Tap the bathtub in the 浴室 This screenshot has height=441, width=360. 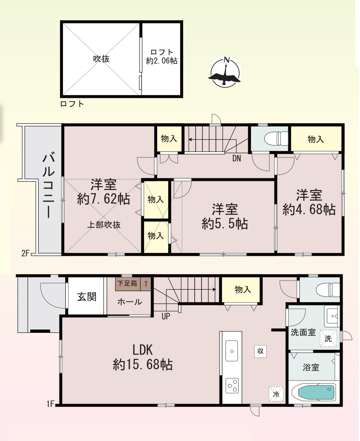pos(316,392)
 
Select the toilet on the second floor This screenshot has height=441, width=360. pos(276,139)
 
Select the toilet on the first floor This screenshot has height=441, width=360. pos(328,290)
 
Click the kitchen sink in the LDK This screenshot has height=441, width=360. pos(232,351)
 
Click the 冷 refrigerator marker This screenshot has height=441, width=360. pos(276,394)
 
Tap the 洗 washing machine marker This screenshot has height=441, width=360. pos(328,339)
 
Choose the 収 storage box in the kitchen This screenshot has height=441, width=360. pos(260,351)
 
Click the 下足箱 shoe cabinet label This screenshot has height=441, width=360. pos(127,284)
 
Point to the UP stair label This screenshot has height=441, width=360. pos(166,316)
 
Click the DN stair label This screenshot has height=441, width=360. pos(236,158)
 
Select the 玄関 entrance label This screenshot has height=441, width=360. pos(87,297)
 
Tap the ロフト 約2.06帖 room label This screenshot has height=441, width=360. pos(162,56)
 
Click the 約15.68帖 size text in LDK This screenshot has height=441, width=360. pos(142,364)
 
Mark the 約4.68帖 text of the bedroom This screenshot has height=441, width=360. pos(309,210)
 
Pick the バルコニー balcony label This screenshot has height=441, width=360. pos(48,185)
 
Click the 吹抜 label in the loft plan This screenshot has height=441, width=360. pos(101,59)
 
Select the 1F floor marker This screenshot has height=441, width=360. pos(50,404)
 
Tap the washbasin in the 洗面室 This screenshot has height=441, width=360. pos(332,316)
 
